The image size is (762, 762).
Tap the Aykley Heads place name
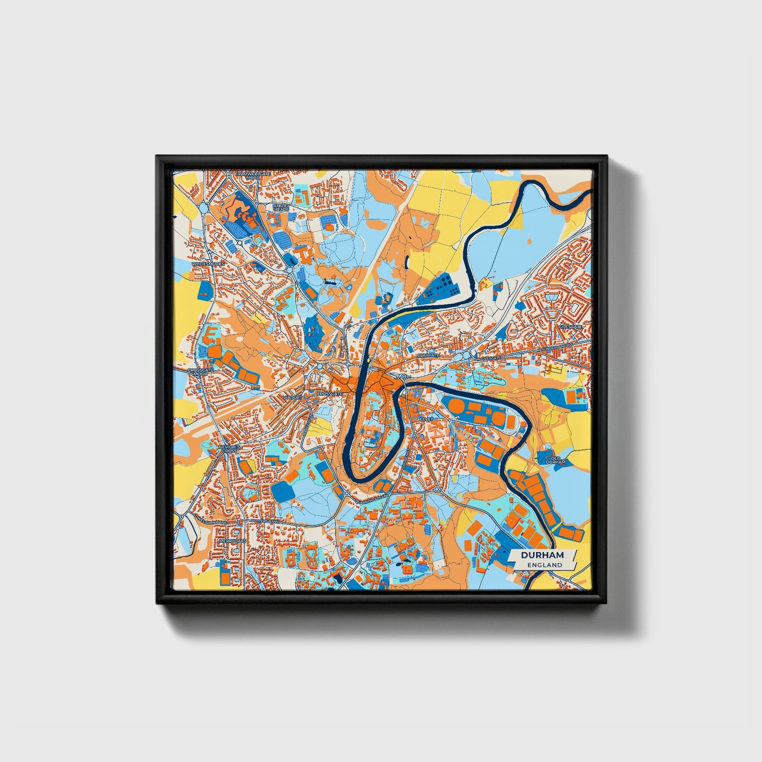(281, 207)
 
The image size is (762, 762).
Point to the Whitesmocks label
(208, 263)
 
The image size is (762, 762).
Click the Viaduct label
(292, 397)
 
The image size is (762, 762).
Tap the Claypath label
(428, 355)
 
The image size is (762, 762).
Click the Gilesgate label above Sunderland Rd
(571, 327)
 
